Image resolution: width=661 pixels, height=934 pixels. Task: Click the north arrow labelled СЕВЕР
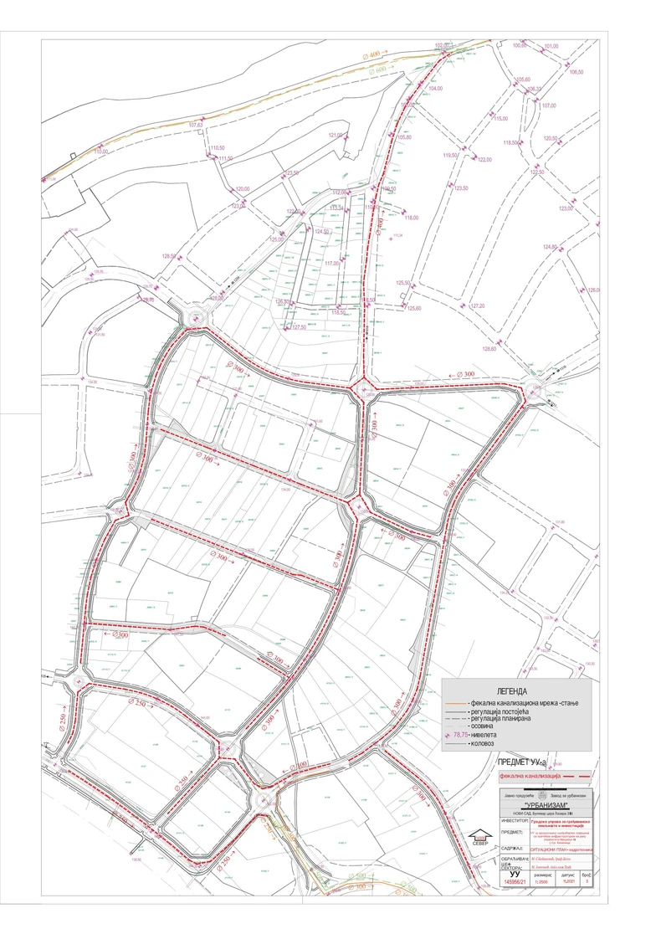pos(479,839)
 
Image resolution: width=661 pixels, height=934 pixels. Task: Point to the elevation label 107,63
pos(196,125)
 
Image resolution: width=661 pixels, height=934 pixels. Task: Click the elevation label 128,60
pos(489,349)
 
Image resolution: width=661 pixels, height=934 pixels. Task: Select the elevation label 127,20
pos(478,305)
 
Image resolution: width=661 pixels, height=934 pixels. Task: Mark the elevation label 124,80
pos(550,247)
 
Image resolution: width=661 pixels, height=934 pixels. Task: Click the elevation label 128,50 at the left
pos(169,256)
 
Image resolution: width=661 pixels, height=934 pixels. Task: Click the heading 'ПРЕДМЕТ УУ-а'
pos(522,762)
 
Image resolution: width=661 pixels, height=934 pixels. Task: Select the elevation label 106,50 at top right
pos(576,72)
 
